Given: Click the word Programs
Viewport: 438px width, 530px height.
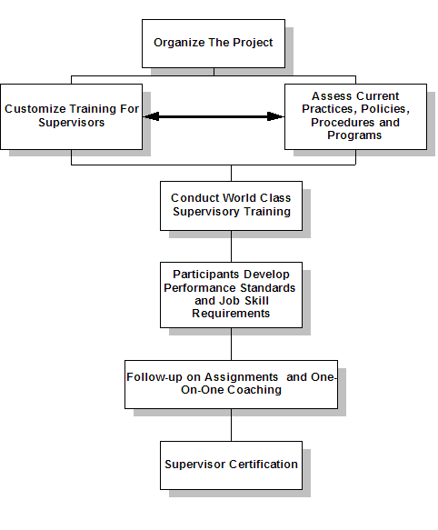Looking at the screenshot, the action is (x=354, y=135).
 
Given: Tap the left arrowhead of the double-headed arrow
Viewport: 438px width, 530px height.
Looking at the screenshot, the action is (x=151, y=116).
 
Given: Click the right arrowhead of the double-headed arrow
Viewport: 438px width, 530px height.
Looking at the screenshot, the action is (x=275, y=116).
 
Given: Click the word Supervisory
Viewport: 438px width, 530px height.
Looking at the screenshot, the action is (x=206, y=212).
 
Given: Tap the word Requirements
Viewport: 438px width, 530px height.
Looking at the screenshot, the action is (x=231, y=314).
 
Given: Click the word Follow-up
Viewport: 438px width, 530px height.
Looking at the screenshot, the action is (x=154, y=377).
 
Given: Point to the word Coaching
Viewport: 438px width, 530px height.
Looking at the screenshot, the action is (x=254, y=390).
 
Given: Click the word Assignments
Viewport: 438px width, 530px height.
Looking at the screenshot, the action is (x=241, y=377).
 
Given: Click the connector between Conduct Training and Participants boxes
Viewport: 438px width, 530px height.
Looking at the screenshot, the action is (x=231, y=246).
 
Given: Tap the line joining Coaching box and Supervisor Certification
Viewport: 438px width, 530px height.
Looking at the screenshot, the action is (x=231, y=425).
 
